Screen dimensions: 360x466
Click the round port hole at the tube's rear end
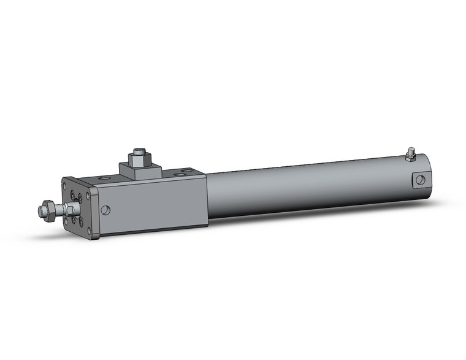[x=420, y=180]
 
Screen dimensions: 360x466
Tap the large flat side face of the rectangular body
[x=153, y=205]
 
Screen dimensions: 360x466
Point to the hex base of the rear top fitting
[x=410, y=158]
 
